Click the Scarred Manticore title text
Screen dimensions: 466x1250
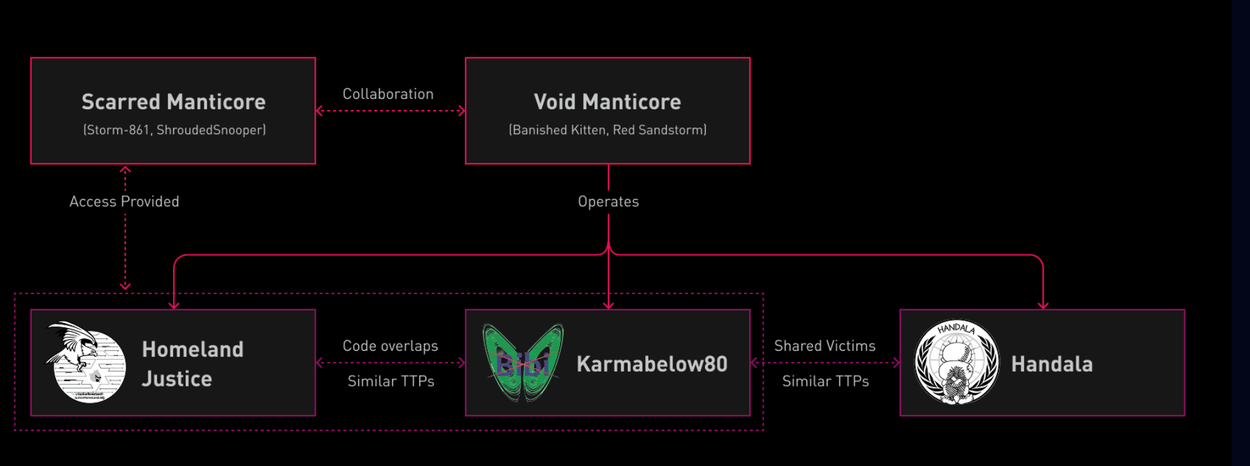(173, 102)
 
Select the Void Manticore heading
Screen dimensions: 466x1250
(607, 102)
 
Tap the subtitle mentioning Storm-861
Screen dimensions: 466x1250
(174, 130)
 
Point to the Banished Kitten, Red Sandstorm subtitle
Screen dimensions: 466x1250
(607, 130)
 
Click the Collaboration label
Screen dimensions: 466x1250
(388, 94)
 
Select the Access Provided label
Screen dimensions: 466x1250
(124, 202)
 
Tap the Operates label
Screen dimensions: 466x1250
(608, 202)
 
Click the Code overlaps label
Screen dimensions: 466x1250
(390, 346)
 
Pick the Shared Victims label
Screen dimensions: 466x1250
(824, 346)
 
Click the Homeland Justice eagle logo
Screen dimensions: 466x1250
(86, 362)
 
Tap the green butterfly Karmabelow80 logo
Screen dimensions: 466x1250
(523, 362)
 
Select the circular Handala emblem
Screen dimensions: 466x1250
(956, 362)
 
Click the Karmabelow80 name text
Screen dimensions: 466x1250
(652, 364)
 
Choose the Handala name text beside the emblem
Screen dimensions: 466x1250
(1051, 364)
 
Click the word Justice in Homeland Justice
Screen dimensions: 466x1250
(177, 379)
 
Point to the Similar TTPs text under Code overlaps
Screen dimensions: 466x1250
(391, 381)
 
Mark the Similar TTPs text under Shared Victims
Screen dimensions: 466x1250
(825, 381)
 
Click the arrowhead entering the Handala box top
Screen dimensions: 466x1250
(1043, 305)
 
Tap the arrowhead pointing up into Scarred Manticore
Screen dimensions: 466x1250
(125, 170)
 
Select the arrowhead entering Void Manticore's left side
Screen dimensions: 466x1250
(462, 111)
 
